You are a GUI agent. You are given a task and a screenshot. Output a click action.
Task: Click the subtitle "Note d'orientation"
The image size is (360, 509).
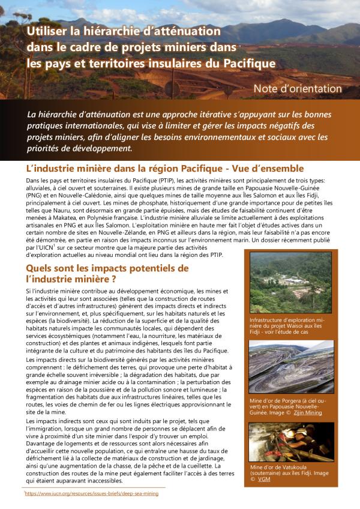298,89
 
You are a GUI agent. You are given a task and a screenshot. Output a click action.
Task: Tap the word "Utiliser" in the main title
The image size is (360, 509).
50,31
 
